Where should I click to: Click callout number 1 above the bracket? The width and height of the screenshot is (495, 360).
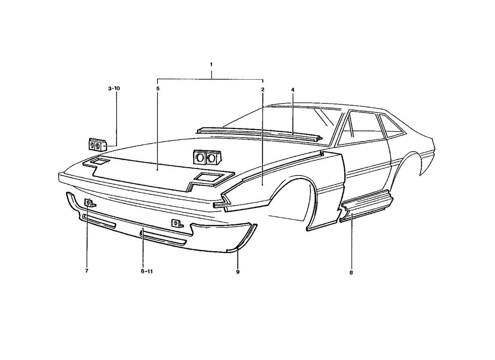211,64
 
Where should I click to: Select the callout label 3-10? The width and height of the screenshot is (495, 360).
114,88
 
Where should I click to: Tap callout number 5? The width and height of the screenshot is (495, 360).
158,89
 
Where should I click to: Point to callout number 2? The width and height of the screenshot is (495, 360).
262,90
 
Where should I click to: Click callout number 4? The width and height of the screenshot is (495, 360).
292,90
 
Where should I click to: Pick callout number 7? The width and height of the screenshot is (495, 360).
86,271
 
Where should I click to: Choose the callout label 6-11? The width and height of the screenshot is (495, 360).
147,271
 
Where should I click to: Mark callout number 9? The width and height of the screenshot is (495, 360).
238,272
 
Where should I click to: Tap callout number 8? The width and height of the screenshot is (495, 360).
351,273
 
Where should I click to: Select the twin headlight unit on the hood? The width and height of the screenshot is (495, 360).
207,157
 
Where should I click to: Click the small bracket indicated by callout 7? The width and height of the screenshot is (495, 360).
90,203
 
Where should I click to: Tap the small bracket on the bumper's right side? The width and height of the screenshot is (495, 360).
177,223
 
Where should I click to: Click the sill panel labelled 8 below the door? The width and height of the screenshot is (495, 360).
366,205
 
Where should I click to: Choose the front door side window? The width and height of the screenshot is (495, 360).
363,128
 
